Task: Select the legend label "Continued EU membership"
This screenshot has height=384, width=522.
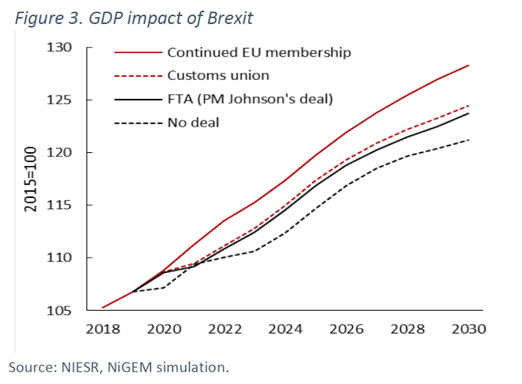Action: click(259, 52)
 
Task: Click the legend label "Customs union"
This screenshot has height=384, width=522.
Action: click(218, 75)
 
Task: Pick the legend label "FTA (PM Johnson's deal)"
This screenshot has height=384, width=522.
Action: click(250, 99)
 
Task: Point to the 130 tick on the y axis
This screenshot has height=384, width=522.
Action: click(60, 48)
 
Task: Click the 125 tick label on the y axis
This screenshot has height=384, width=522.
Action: click(60, 100)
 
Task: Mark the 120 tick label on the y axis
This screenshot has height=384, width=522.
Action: click(60, 153)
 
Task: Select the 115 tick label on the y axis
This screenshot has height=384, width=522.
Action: click(60, 205)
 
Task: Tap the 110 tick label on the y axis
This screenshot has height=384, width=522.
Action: click(60, 258)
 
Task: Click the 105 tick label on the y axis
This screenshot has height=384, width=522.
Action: click(60, 311)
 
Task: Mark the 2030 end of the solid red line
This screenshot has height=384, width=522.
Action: click(469, 65)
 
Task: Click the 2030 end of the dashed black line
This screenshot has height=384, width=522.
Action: click(469, 140)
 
